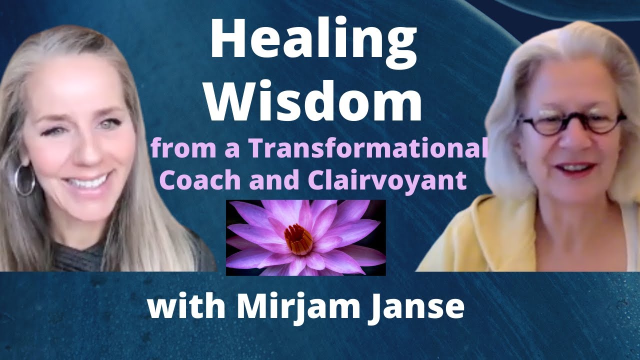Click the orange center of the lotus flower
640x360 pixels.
[298, 238]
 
